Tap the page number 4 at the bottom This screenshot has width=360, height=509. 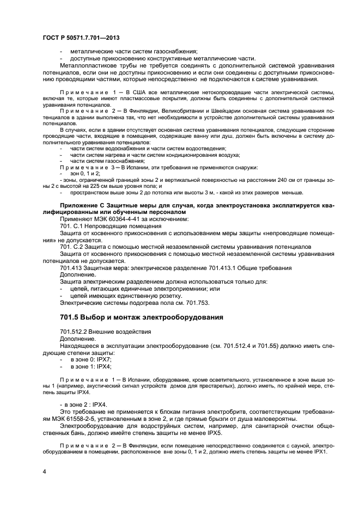(44, 470)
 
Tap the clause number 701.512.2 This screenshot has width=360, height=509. (76, 331)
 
